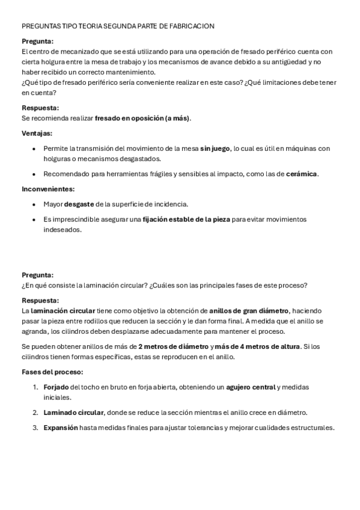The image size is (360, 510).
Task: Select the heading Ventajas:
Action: tap(37, 133)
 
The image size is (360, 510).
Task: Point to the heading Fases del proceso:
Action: tap(52, 372)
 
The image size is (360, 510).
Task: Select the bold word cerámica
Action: tap(302, 174)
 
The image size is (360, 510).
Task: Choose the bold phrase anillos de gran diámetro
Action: tap(249, 311)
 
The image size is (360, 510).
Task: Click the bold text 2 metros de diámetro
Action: tap(174, 347)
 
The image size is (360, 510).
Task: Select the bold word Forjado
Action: tap(56, 387)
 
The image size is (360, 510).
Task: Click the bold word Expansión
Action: tap(61, 428)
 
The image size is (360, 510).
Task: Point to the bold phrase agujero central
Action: tap(251, 387)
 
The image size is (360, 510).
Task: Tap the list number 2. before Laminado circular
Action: tap(36, 413)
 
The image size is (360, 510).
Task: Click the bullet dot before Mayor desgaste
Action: tap(36, 204)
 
